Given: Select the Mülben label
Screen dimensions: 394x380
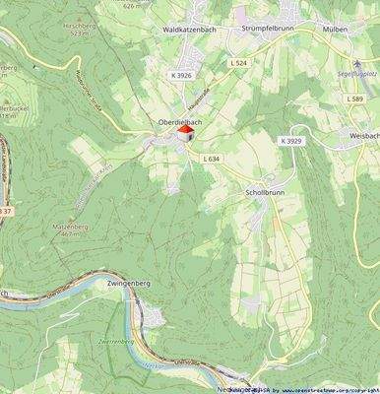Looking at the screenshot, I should (x=336, y=30).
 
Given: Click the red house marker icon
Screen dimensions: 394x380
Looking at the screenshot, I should (x=184, y=132).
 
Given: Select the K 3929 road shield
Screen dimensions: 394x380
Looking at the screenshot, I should (x=289, y=142).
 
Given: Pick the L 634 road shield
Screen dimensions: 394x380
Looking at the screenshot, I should (x=211, y=159).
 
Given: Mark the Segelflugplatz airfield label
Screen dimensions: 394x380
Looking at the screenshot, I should (x=357, y=73).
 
